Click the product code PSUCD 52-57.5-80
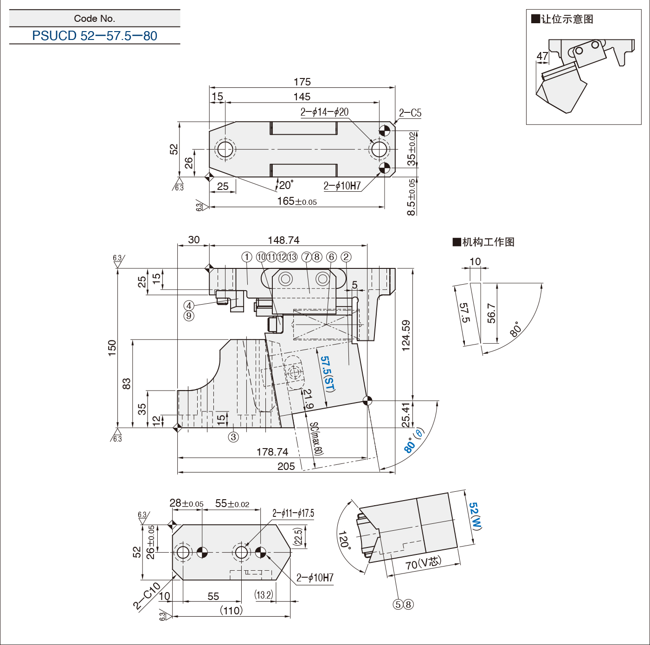(95, 36)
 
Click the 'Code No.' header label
(95, 19)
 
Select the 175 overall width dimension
(302, 82)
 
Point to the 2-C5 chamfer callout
(410, 113)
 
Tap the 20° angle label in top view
(286, 185)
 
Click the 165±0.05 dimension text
(297, 202)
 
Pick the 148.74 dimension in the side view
(283, 240)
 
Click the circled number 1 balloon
(247, 257)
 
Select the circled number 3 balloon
(233, 437)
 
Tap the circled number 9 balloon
(189, 316)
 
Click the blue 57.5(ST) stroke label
(328, 374)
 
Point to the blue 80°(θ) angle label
(414, 440)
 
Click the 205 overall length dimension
(286, 466)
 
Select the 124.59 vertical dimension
(406, 335)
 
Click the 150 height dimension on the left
(112, 348)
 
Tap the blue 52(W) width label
(475, 515)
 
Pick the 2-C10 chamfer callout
(147, 596)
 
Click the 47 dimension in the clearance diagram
(542, 56)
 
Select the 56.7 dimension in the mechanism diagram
(491, 313)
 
